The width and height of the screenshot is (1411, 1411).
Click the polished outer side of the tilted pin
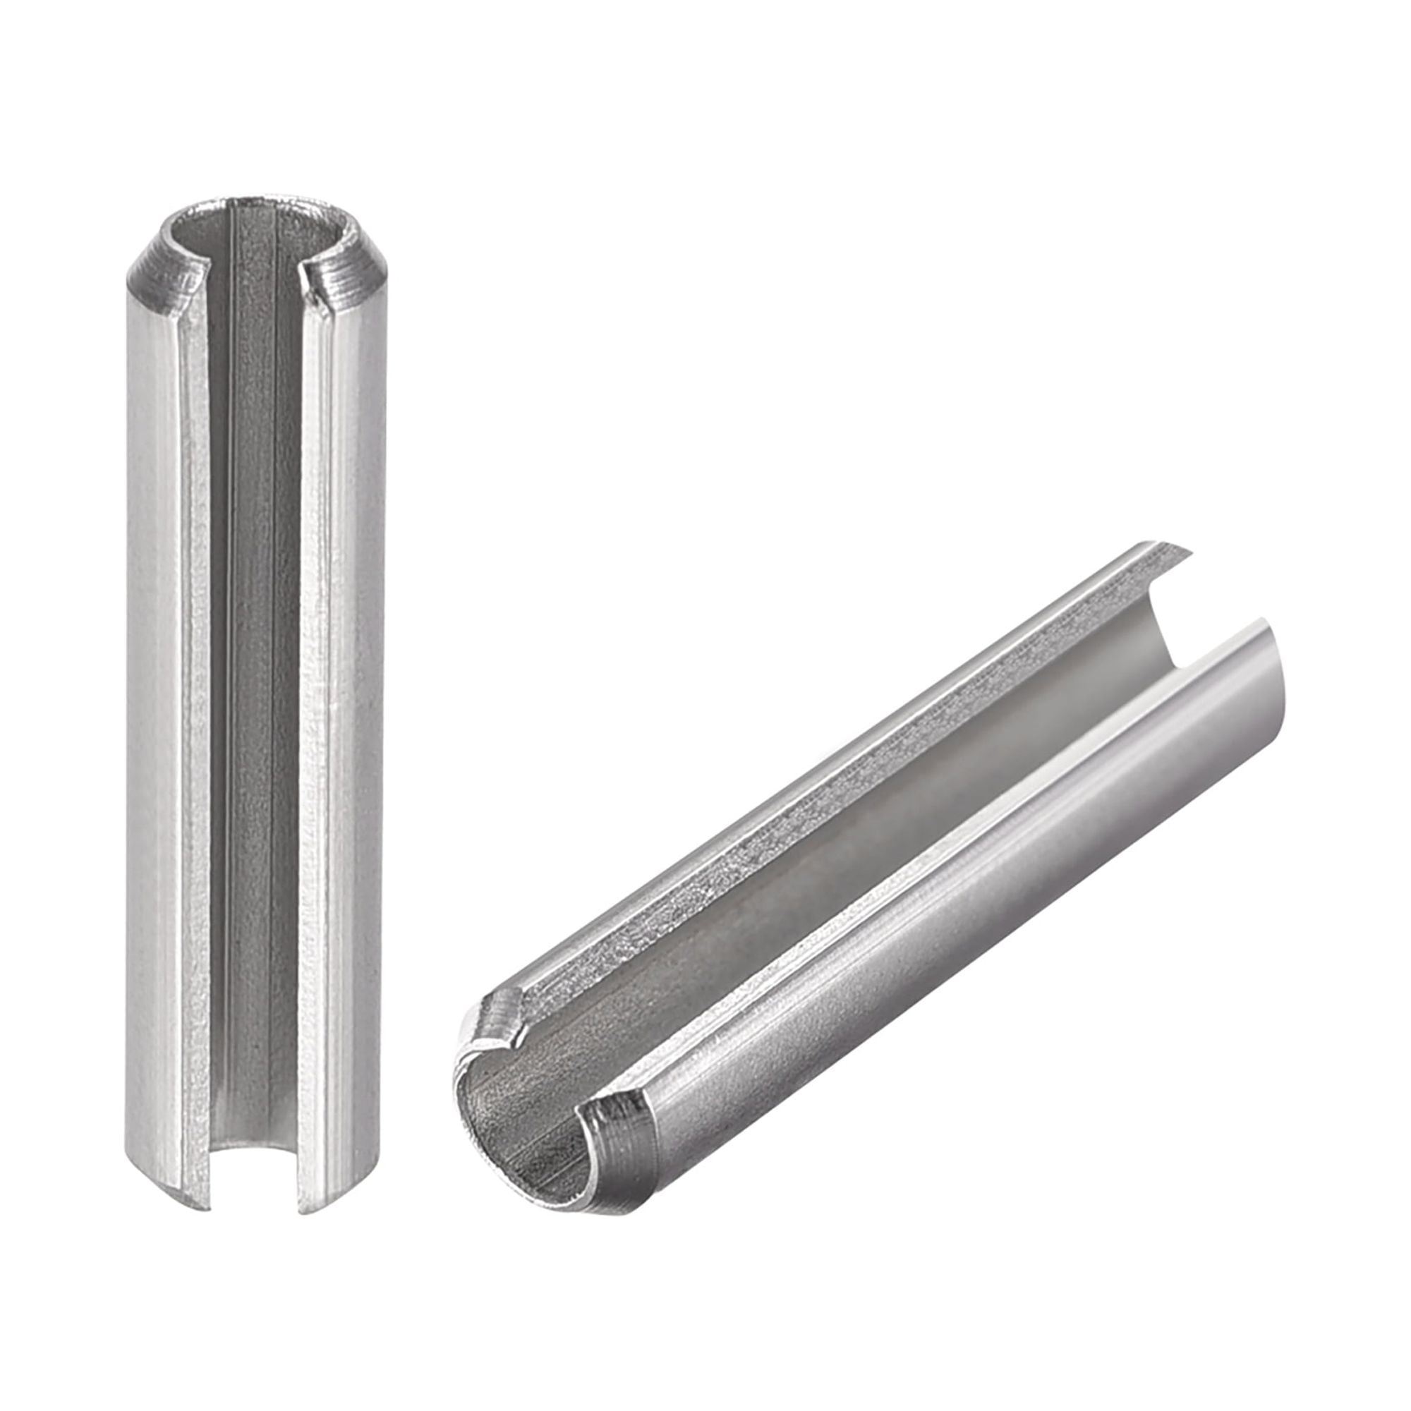(1022, 876)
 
